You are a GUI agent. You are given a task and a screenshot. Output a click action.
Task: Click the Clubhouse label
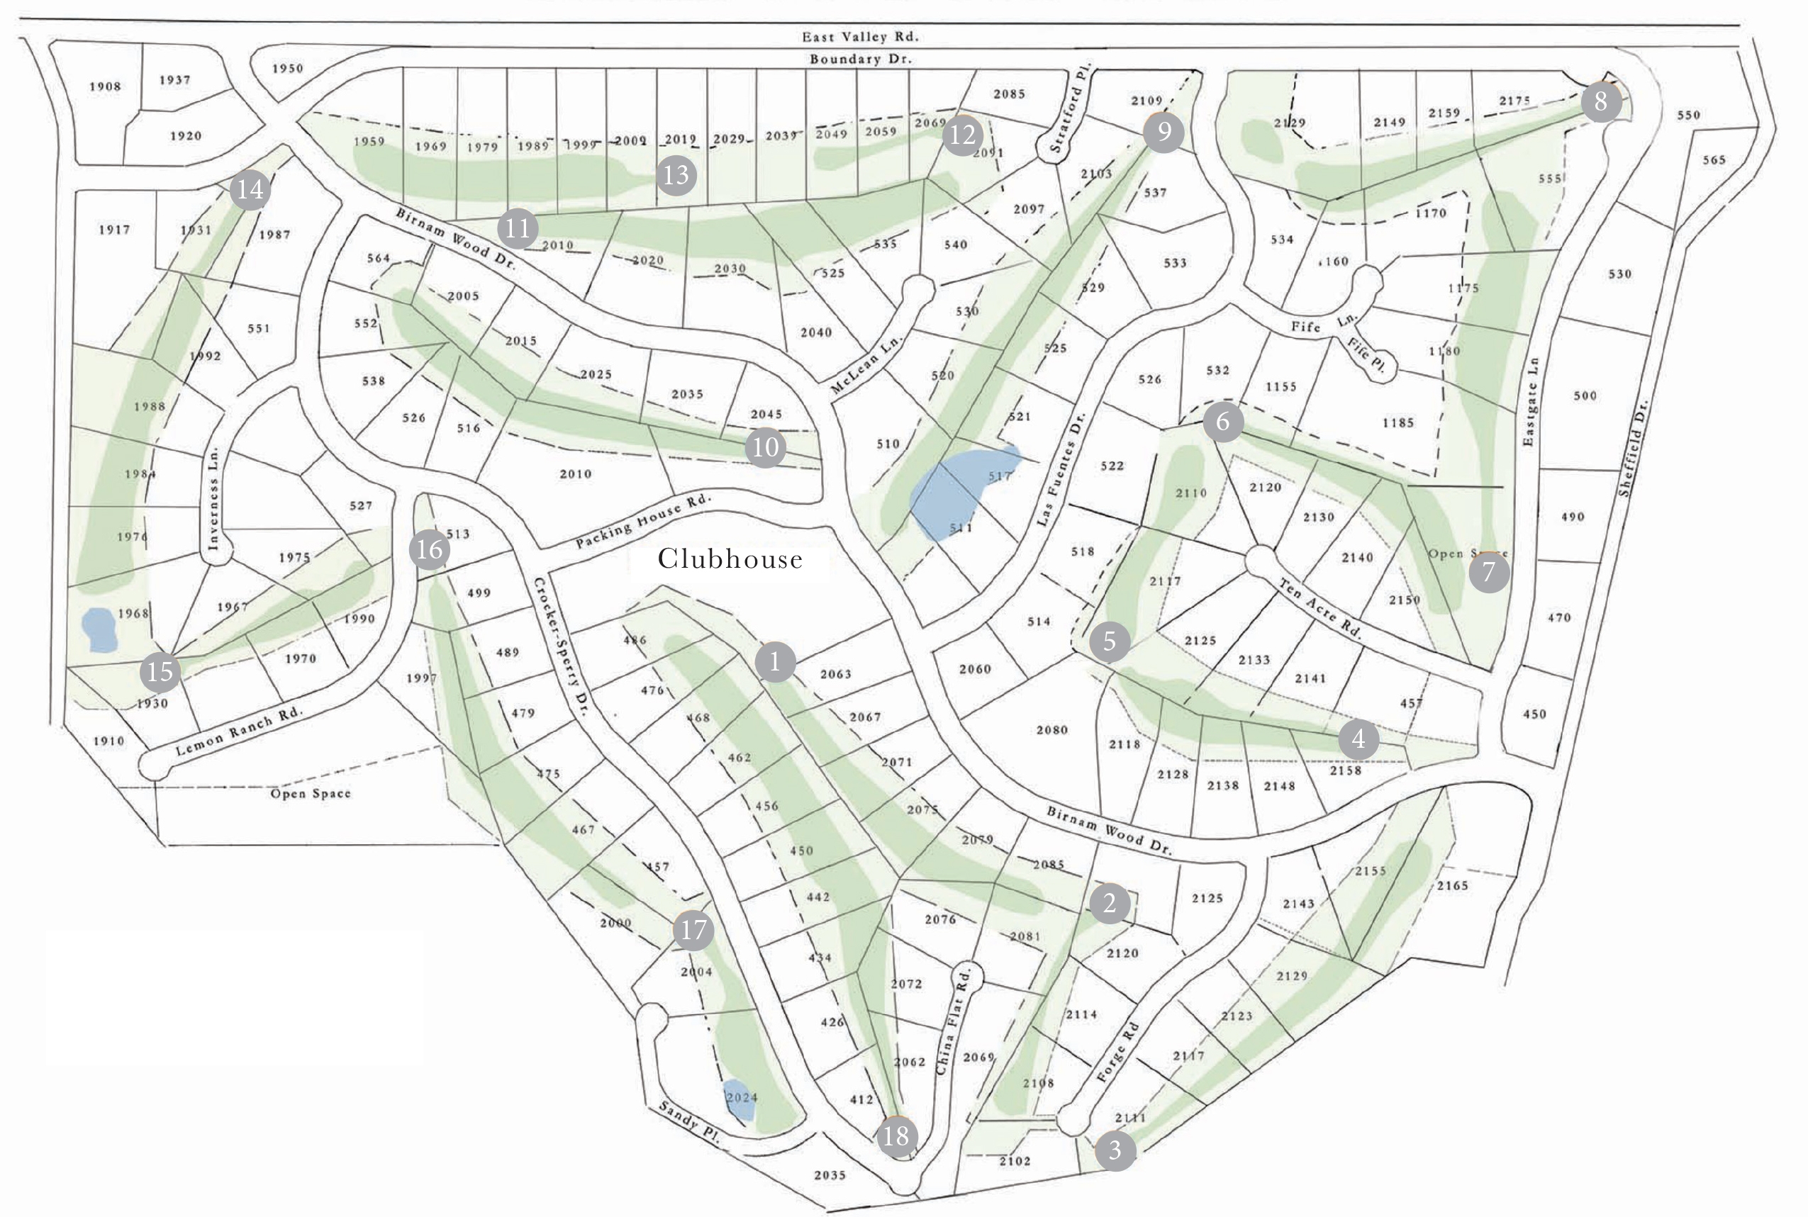tap(730, 559)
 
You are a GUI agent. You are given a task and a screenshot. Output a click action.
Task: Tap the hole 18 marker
tap(896, 1136)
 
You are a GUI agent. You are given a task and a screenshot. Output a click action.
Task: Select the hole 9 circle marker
tap(1163, 133)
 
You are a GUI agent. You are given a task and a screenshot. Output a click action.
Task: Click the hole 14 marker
tap(250, 189)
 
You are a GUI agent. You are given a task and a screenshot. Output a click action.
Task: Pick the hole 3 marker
tap(1115, 1149)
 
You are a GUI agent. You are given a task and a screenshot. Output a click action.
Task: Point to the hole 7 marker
tap(1488, 573)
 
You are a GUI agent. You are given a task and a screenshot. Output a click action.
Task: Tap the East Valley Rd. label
tap(859, 36)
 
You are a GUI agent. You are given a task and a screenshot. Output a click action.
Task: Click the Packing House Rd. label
tap(643, 522)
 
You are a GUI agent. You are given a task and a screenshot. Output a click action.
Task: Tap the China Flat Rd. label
tap(954, 1019)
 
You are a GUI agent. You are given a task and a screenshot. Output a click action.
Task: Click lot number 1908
tap(105, 86)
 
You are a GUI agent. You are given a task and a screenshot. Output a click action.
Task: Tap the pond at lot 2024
tap(739, 1100)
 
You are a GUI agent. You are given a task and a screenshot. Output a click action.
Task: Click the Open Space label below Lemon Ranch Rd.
tap(311, 793)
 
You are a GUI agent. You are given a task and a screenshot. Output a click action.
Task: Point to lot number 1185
tap(1398, 423)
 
